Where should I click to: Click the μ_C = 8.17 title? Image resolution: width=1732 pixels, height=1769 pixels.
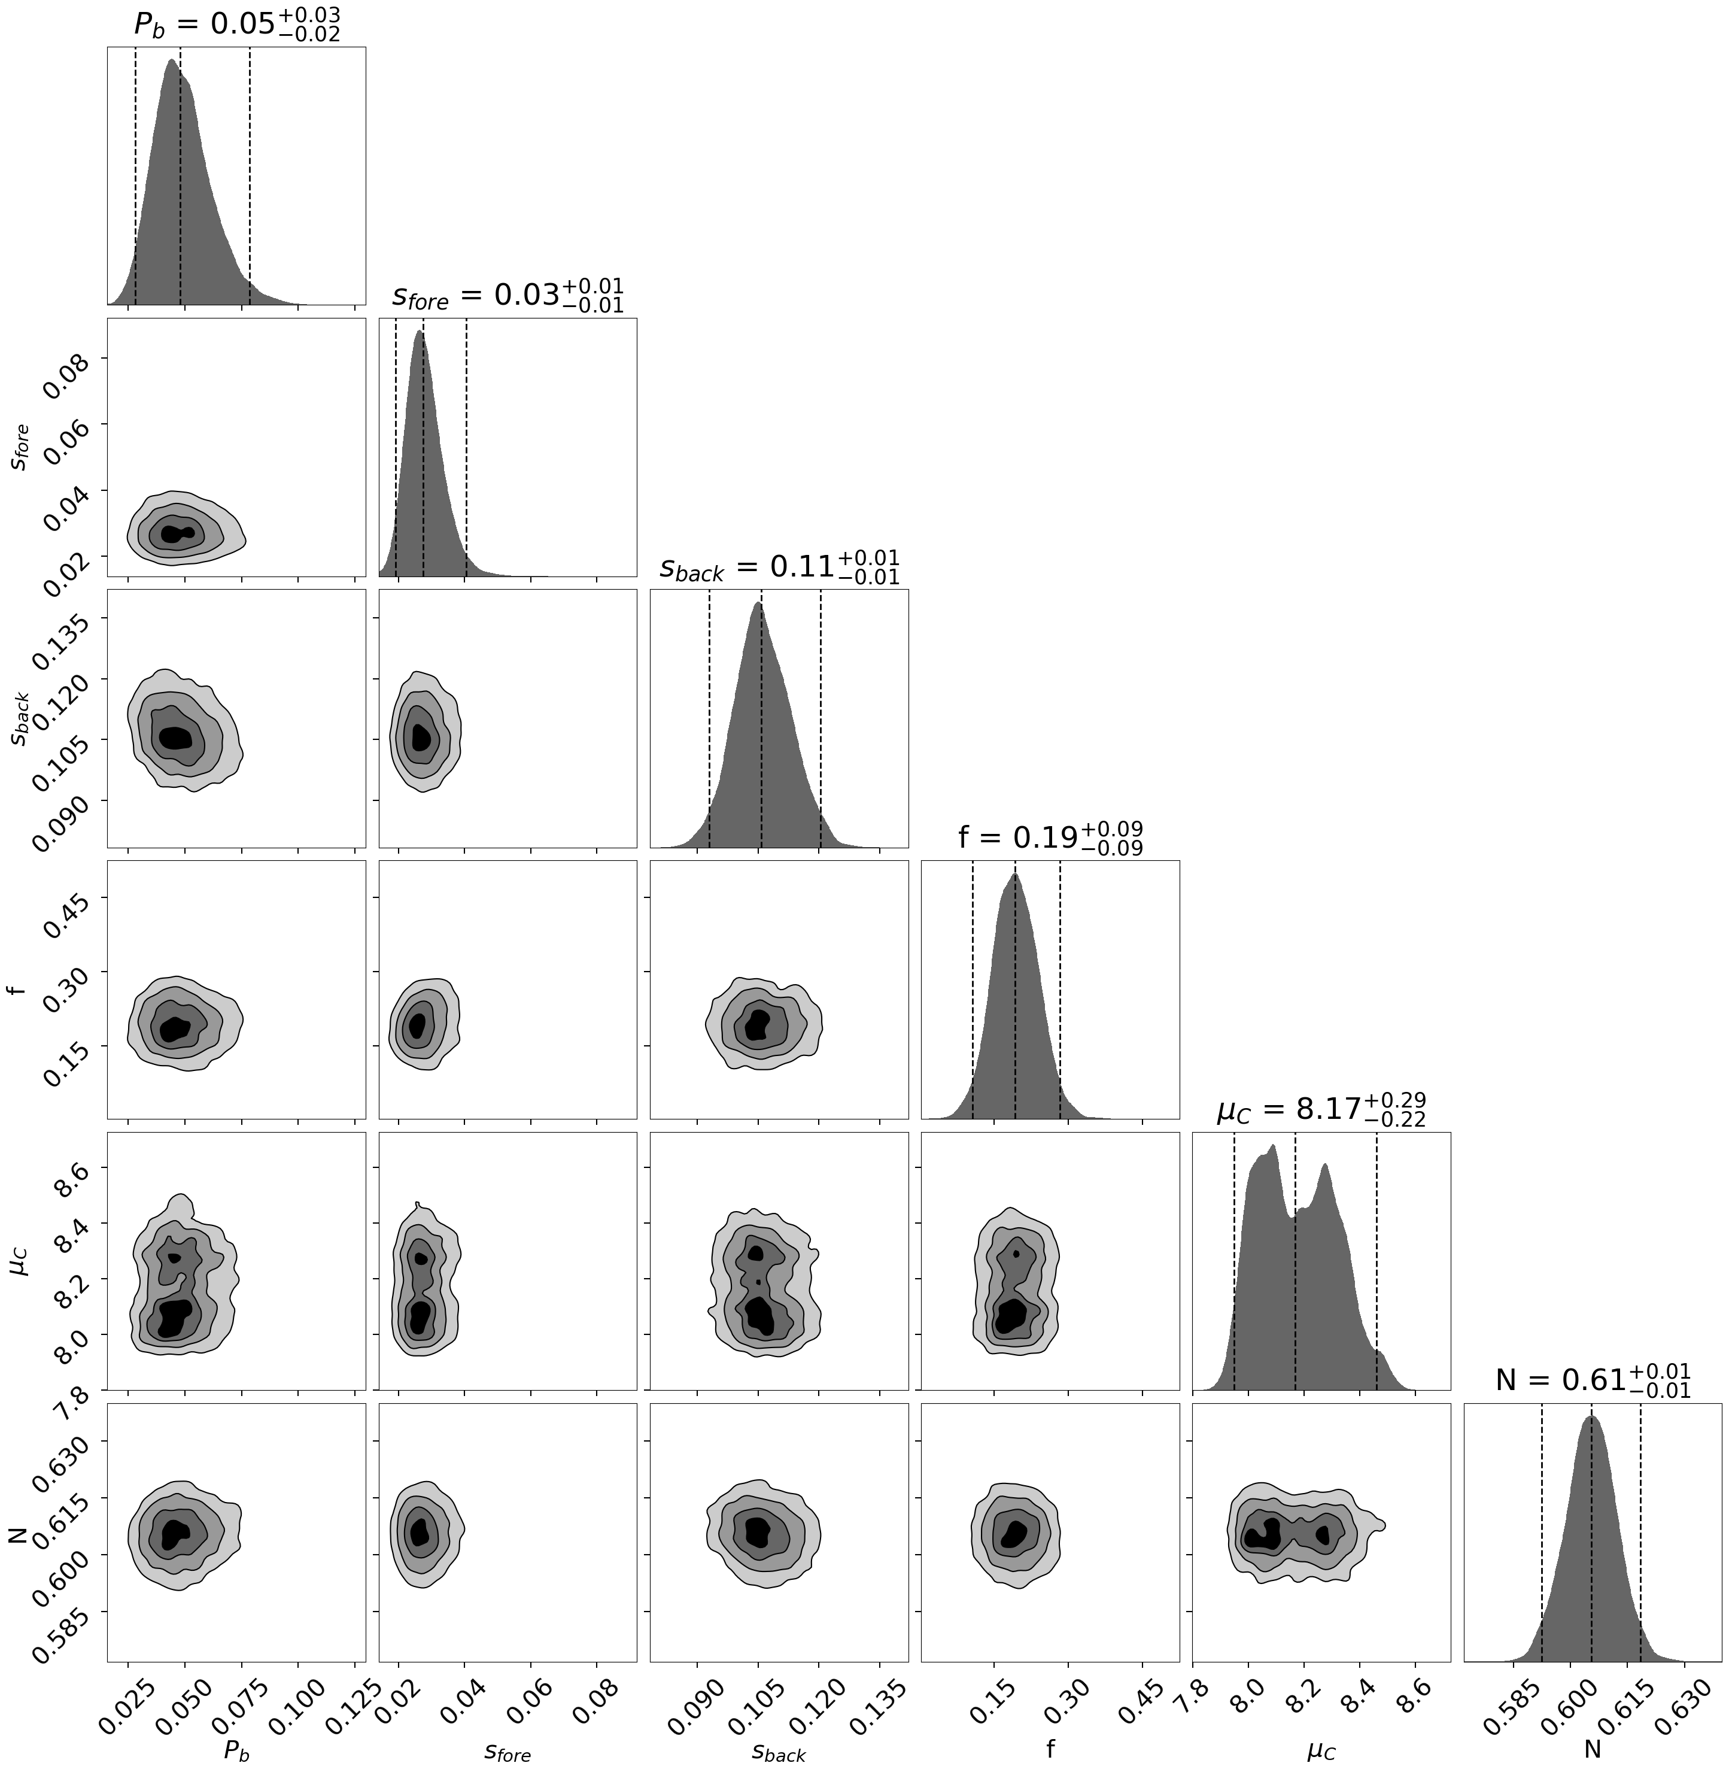1321,1109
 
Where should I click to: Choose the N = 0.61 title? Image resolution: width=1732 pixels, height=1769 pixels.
1593,1380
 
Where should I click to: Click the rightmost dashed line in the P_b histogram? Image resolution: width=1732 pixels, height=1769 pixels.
250,173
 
